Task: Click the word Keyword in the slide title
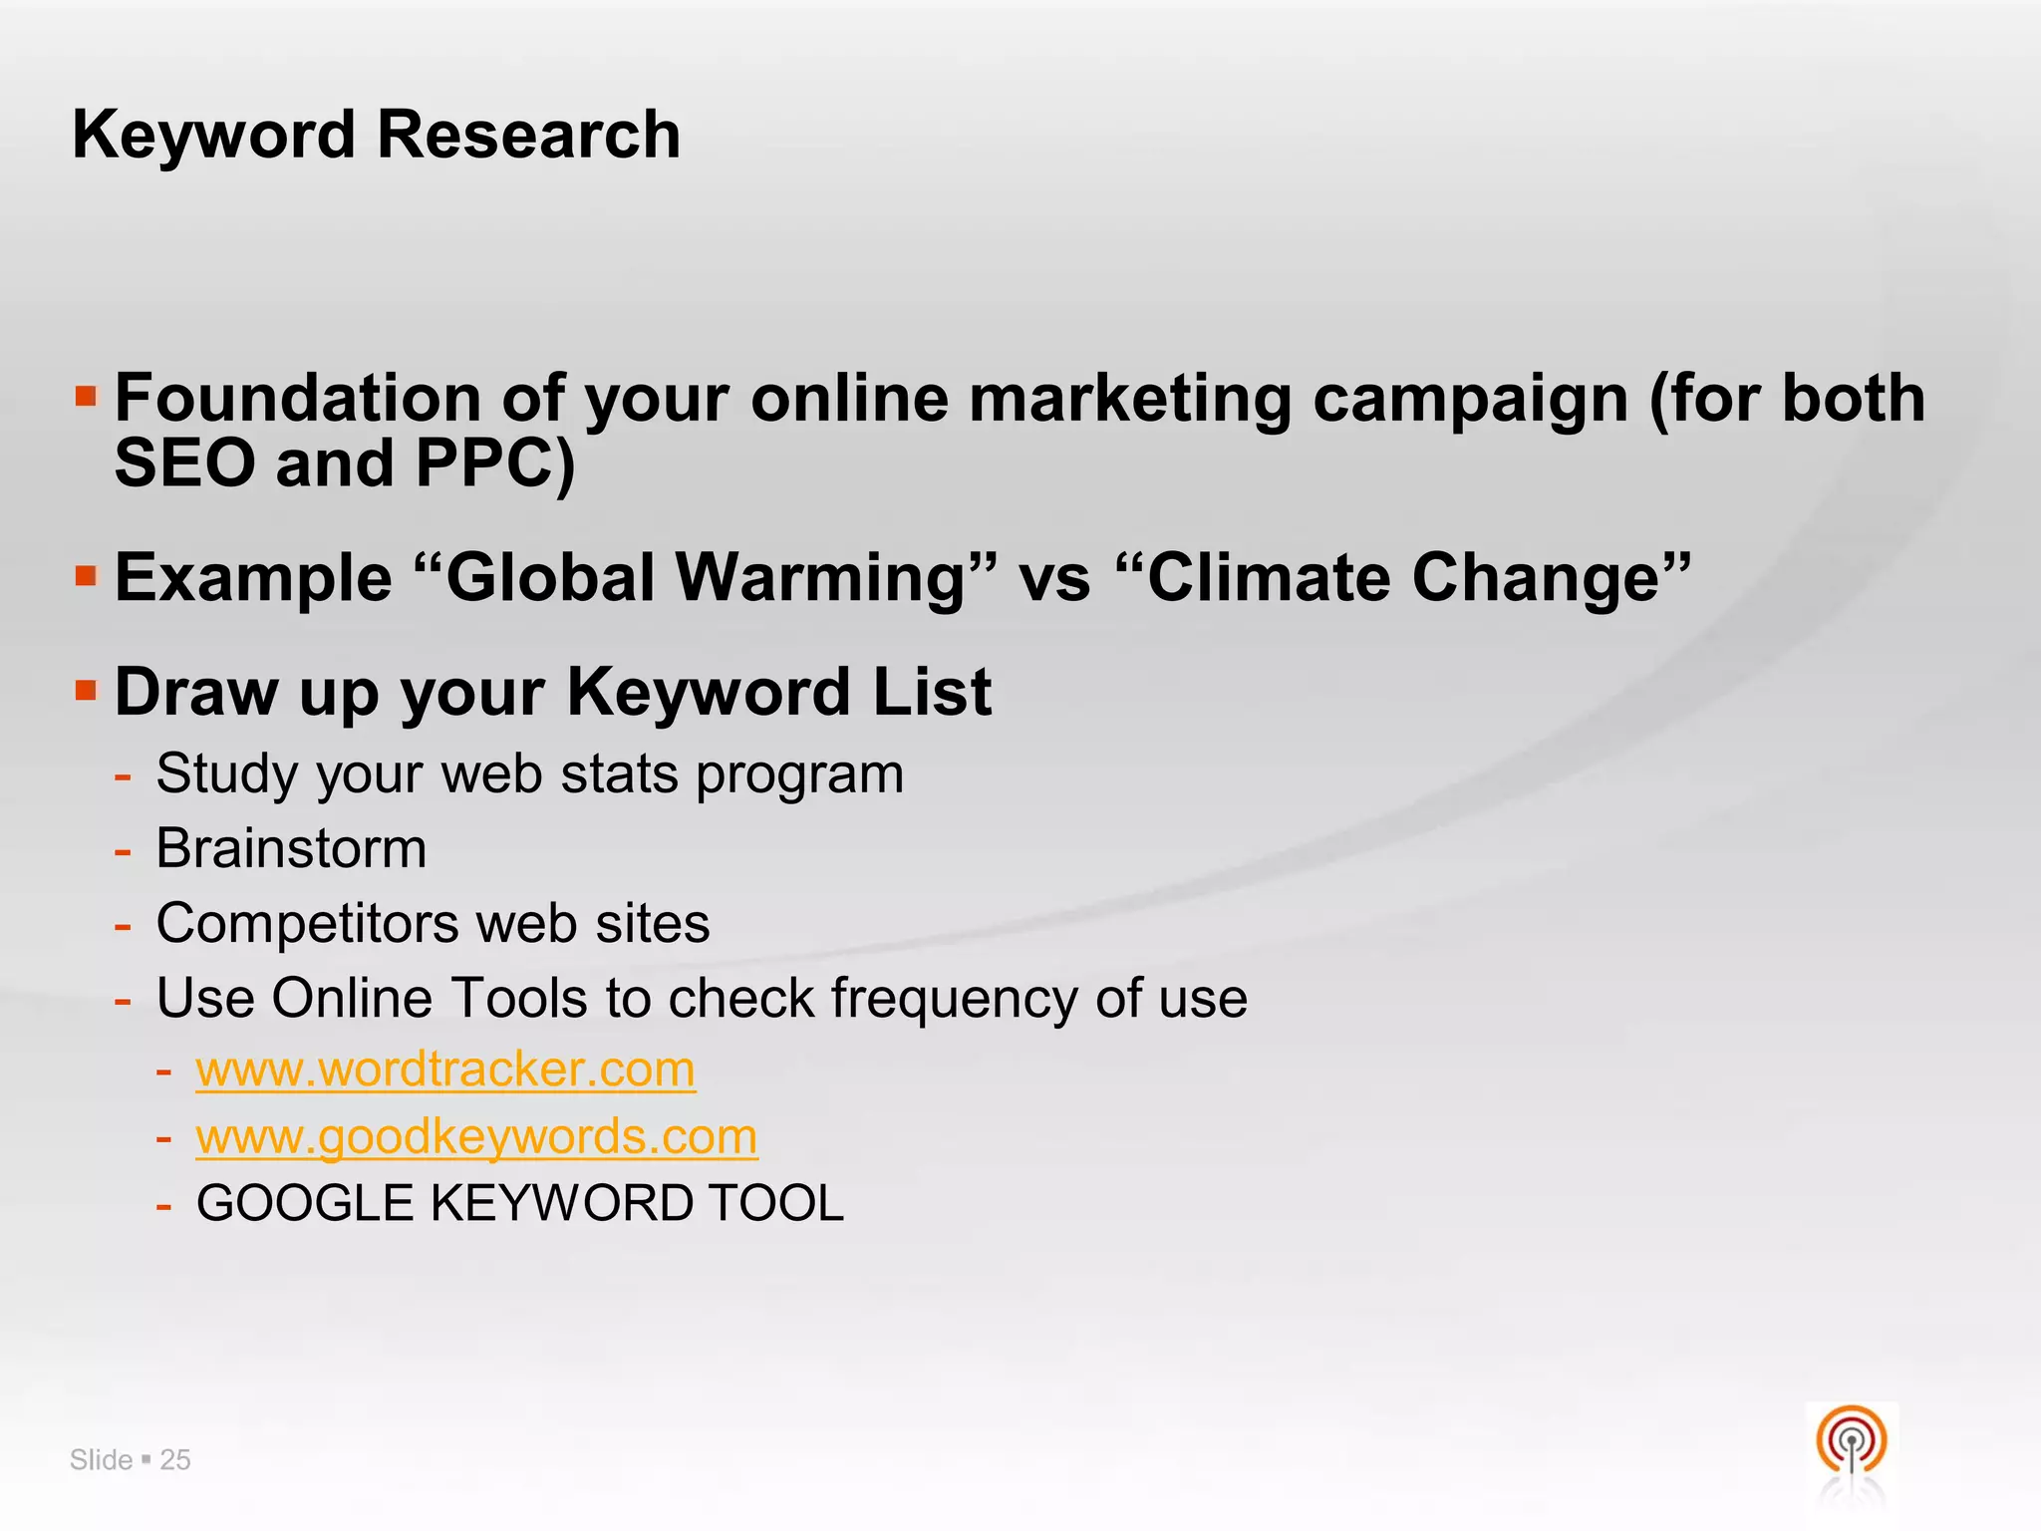213,135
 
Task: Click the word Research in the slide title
529,135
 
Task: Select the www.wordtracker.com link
445,1070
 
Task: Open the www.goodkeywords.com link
476,1136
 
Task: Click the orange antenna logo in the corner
1851,1441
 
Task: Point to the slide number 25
175,1460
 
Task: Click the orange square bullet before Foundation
87,397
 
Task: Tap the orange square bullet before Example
87,575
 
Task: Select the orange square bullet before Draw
87,690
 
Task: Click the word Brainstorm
291,848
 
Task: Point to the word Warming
834,578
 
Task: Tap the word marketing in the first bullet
1129,399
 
